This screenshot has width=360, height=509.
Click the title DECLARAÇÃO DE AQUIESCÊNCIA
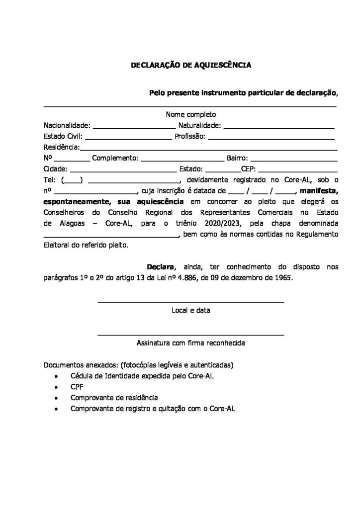191,65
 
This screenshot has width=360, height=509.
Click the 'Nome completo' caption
191,114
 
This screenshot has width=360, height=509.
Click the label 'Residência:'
61,147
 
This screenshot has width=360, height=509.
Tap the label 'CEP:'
248,169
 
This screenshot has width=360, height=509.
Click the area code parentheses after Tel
72,180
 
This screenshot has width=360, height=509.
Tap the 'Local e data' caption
191,311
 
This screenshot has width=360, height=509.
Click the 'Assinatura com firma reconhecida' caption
191,343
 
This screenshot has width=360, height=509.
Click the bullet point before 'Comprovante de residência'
59,398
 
